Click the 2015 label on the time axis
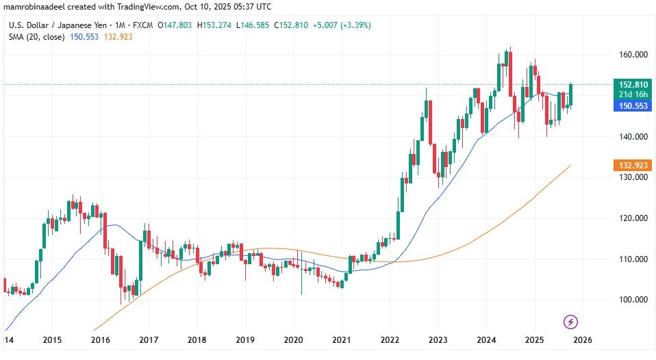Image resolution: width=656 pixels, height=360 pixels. (52, 339)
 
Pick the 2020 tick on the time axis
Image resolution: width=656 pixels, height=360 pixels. (293, 339)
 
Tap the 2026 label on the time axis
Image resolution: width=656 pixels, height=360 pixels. (583, 339)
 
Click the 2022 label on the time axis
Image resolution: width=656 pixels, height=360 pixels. (390, 339)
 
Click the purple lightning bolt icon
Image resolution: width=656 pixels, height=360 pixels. (571, 321)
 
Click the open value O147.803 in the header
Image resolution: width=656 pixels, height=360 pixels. (174, 25)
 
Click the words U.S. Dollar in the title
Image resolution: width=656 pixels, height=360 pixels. (27, 25)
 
